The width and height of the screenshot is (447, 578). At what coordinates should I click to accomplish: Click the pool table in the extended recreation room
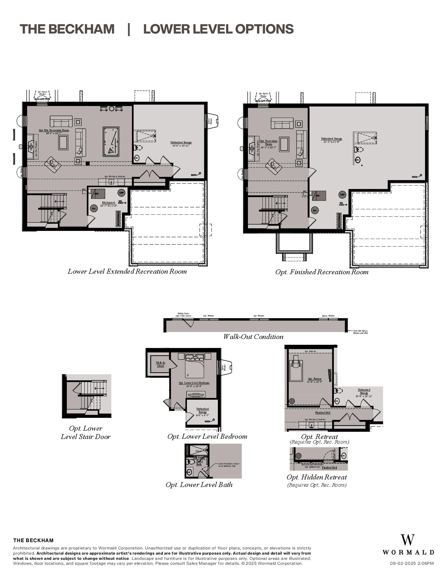111,142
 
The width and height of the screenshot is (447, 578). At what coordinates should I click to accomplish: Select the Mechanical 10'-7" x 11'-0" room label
108,204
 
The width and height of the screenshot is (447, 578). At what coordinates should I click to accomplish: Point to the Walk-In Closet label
160,364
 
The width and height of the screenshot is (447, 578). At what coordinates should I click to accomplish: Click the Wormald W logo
408,540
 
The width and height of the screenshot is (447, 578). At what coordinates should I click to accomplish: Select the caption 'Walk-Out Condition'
253,337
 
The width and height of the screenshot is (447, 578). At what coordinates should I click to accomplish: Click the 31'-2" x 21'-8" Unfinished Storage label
332,140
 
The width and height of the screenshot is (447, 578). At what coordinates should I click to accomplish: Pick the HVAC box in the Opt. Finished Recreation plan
319,196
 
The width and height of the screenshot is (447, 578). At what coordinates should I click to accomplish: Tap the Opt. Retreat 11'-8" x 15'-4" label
314,380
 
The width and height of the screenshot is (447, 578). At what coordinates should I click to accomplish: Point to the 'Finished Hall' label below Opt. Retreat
323,412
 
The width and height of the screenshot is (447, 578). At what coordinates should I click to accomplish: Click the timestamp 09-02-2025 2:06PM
412,563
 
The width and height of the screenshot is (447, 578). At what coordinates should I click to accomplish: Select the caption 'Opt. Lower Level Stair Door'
86,432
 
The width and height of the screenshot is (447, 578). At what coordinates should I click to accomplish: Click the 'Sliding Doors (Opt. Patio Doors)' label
183,314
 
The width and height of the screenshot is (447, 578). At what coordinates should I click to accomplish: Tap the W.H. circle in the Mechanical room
94,208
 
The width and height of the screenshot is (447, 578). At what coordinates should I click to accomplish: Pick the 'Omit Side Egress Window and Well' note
360,332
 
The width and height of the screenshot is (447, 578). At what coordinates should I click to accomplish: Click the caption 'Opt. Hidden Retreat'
317,477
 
